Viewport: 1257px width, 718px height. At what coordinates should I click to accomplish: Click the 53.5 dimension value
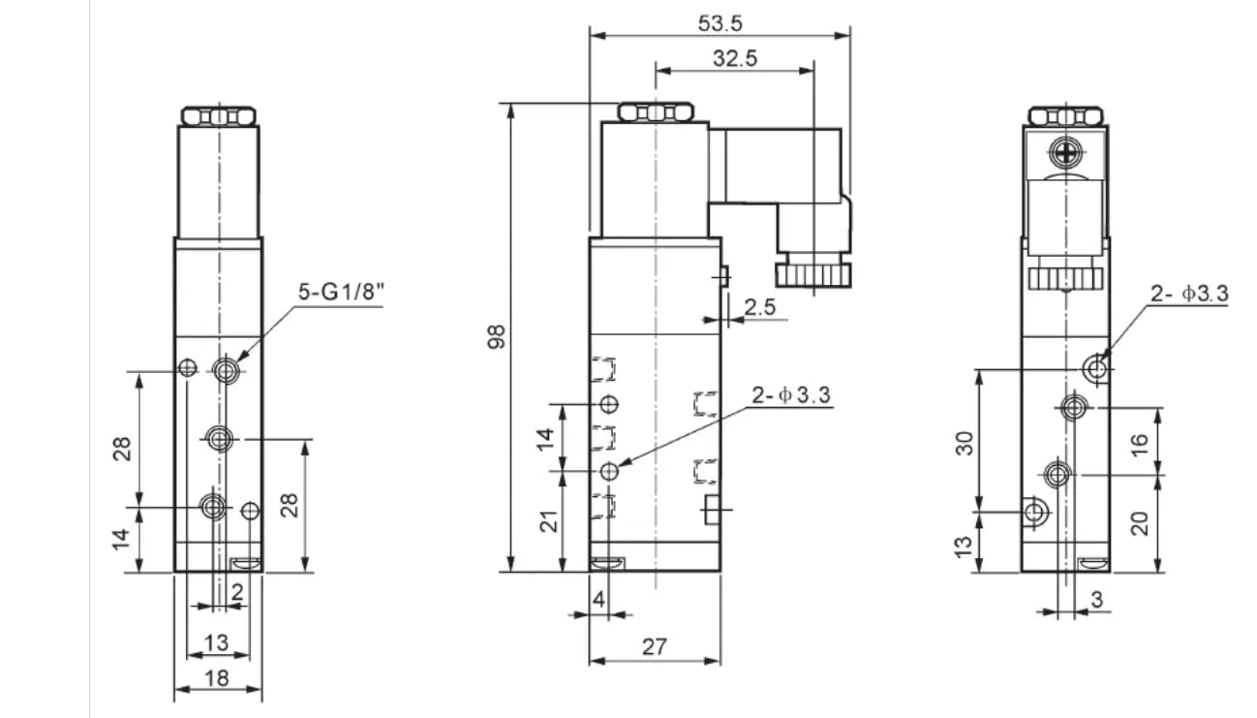[720, 23]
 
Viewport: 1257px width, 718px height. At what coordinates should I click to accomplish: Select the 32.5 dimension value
[735, 58]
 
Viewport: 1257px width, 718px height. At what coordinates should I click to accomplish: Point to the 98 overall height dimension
[497, 337]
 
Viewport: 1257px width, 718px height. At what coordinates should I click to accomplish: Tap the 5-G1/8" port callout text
[342, 292]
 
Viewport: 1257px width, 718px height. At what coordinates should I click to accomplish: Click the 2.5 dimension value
[760, 307]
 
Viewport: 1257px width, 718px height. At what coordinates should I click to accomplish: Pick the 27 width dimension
[655, 647]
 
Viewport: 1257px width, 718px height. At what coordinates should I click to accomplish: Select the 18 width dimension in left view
[217, 678]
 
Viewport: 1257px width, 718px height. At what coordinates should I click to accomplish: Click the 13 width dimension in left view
[217, 642]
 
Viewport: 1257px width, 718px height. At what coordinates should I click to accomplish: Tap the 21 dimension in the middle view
[549, 521]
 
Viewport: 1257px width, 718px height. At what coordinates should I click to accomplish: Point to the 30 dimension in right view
[965, 444]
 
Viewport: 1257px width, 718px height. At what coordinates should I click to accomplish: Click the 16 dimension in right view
[1140, 445]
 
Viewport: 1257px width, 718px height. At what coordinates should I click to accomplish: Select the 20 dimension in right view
[1140, 524]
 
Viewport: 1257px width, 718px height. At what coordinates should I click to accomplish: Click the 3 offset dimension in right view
[1097, 600]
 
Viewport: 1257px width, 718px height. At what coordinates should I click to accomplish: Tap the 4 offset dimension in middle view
[598, 600]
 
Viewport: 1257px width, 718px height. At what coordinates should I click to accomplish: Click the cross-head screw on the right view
[1065, 151]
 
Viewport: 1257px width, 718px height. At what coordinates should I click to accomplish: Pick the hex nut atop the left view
[218, 117]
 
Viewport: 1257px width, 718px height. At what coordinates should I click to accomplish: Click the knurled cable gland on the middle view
[813, 275]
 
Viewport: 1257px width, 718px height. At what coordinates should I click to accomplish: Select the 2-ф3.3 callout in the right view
[1189, 293]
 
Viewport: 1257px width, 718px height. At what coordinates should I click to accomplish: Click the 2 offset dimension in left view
[237, 592]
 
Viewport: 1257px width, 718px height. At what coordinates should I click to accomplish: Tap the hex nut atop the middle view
[656, 112]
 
